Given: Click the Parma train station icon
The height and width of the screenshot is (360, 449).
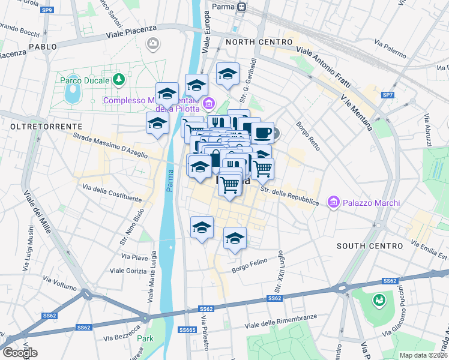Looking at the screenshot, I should click(x=242, y=7).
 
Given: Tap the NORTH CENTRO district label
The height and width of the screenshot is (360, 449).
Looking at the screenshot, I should click(x=259, y=43).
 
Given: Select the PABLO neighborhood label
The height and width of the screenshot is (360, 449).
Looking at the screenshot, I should click(x=42, y=46).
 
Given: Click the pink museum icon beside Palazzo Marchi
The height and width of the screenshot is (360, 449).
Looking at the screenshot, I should click(x=333, y=203).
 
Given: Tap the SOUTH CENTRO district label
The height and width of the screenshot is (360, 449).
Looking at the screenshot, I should click(x=369, y=246).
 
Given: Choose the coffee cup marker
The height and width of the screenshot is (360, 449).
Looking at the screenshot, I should click(x=262, y=132).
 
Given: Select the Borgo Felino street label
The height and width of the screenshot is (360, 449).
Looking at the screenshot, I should click(x=249, y=269).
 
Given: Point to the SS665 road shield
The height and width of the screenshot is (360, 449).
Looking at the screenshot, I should click(x=188, y=330).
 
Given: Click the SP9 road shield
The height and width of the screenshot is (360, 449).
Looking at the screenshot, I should click(x=47, y=10).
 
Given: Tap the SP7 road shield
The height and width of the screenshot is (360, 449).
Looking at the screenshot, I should click(x=388, y=95).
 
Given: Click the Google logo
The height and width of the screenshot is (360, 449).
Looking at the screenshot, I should click(x=20, y=352).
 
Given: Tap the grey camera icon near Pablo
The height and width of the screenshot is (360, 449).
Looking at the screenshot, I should click(x=153, y=43).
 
